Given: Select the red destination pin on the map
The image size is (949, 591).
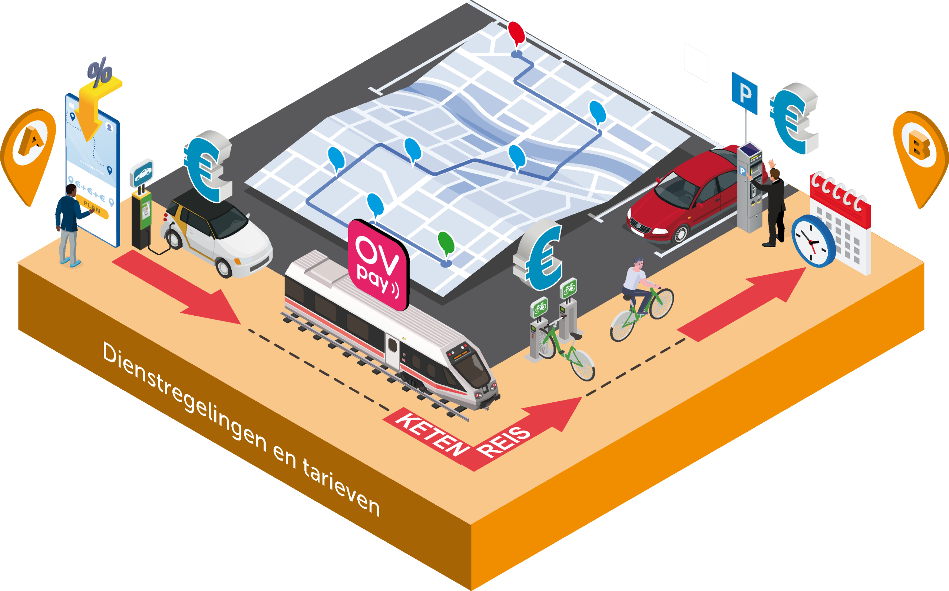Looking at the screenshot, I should (516, 33).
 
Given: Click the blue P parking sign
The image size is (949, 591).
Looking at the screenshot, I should (744, 93).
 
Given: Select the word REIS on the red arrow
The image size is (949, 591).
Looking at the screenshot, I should (505, 442).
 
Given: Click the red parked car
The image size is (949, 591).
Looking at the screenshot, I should (688, 199).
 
